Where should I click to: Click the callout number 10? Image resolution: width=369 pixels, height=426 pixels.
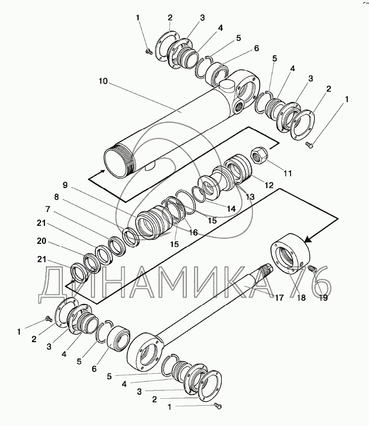103,81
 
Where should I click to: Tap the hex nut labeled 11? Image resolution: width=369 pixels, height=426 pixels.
259,156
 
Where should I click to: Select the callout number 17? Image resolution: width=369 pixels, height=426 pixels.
279,298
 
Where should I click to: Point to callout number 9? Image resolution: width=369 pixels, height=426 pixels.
65,185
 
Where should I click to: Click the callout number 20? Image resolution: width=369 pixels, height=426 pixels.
42,241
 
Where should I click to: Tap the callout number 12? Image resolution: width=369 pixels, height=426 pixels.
269,185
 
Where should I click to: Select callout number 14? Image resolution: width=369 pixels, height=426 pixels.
231,208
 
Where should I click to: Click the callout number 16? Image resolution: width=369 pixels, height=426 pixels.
193,232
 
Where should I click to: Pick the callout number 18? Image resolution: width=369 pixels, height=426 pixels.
301,298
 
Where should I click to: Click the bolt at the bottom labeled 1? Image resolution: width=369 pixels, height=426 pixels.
218,407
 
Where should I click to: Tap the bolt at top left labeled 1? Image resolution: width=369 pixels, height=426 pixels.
149,51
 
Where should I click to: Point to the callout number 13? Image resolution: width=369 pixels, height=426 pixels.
250,196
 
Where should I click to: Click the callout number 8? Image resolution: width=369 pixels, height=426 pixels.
56,197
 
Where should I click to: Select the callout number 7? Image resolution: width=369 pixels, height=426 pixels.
48,209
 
